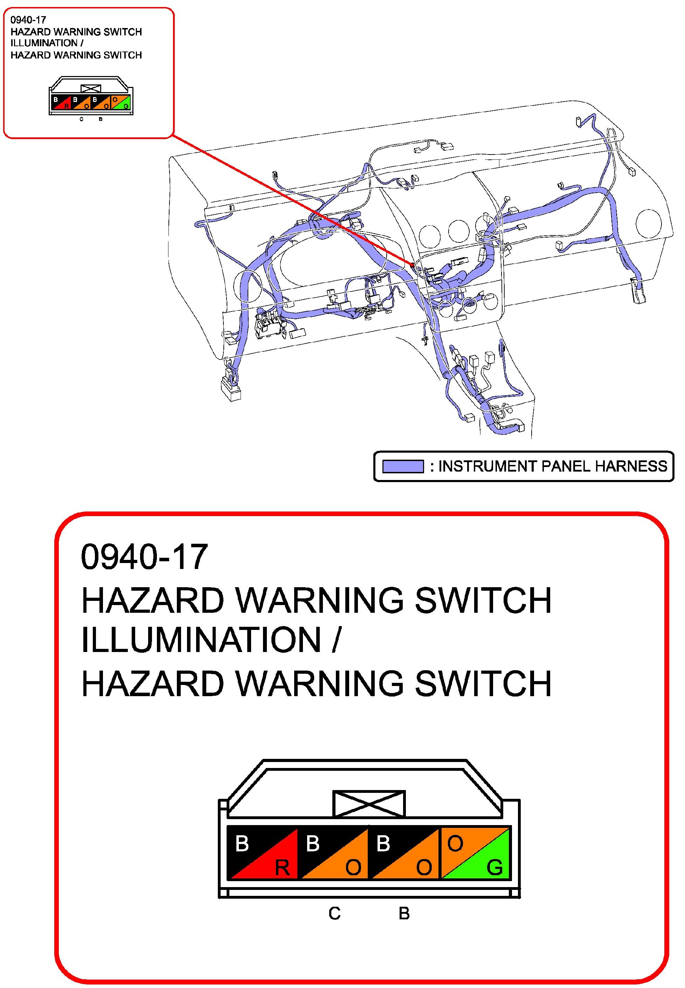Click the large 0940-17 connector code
coord(144,557)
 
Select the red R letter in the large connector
coord(282,868)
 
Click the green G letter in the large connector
coord(494,868)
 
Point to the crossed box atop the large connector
coord(369,803)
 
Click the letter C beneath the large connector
coord(334,913)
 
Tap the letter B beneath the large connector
coord(404,913)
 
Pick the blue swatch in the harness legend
coord(403,466)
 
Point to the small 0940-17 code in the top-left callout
coord(28,20)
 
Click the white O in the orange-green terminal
coord(455,844)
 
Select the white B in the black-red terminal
coord(242,844)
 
